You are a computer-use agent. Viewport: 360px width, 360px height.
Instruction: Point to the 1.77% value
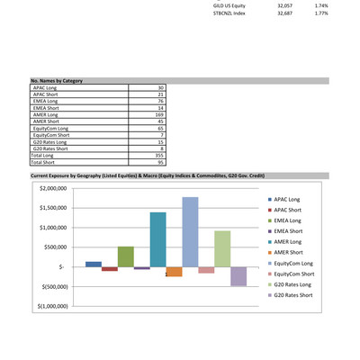tap(321, 13)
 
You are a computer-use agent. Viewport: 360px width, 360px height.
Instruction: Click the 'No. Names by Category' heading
tap(57, 81)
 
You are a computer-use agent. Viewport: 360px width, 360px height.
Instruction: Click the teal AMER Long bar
tap(157, 239)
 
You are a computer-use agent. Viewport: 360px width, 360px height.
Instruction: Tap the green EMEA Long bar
tap(125, 256)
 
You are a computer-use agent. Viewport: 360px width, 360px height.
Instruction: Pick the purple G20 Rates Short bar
tap(238, 276)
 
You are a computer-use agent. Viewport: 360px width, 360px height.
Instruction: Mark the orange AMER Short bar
tap(174, 272)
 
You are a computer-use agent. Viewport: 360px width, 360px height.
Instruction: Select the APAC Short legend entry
tap(292, 209)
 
